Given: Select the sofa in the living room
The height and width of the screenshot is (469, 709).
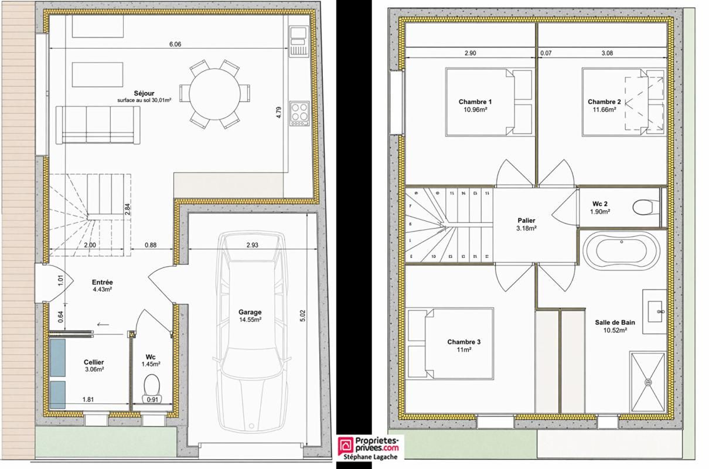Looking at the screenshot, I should [x=98, y=125].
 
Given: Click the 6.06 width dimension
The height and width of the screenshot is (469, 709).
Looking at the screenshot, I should [x=174, y=44].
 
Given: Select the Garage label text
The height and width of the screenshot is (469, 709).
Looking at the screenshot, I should [x=250, y=312].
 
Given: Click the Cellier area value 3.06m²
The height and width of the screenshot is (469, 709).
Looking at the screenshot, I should [x=94, y=370].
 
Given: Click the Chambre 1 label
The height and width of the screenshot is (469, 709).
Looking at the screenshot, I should [x=475, y=102].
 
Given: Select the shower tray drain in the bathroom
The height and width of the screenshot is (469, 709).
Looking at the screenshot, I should [x=648, y=382].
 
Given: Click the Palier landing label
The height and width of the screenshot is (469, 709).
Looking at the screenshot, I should [x=527, y=220].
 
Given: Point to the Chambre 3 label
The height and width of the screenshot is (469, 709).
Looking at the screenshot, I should [x=463, y=342].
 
